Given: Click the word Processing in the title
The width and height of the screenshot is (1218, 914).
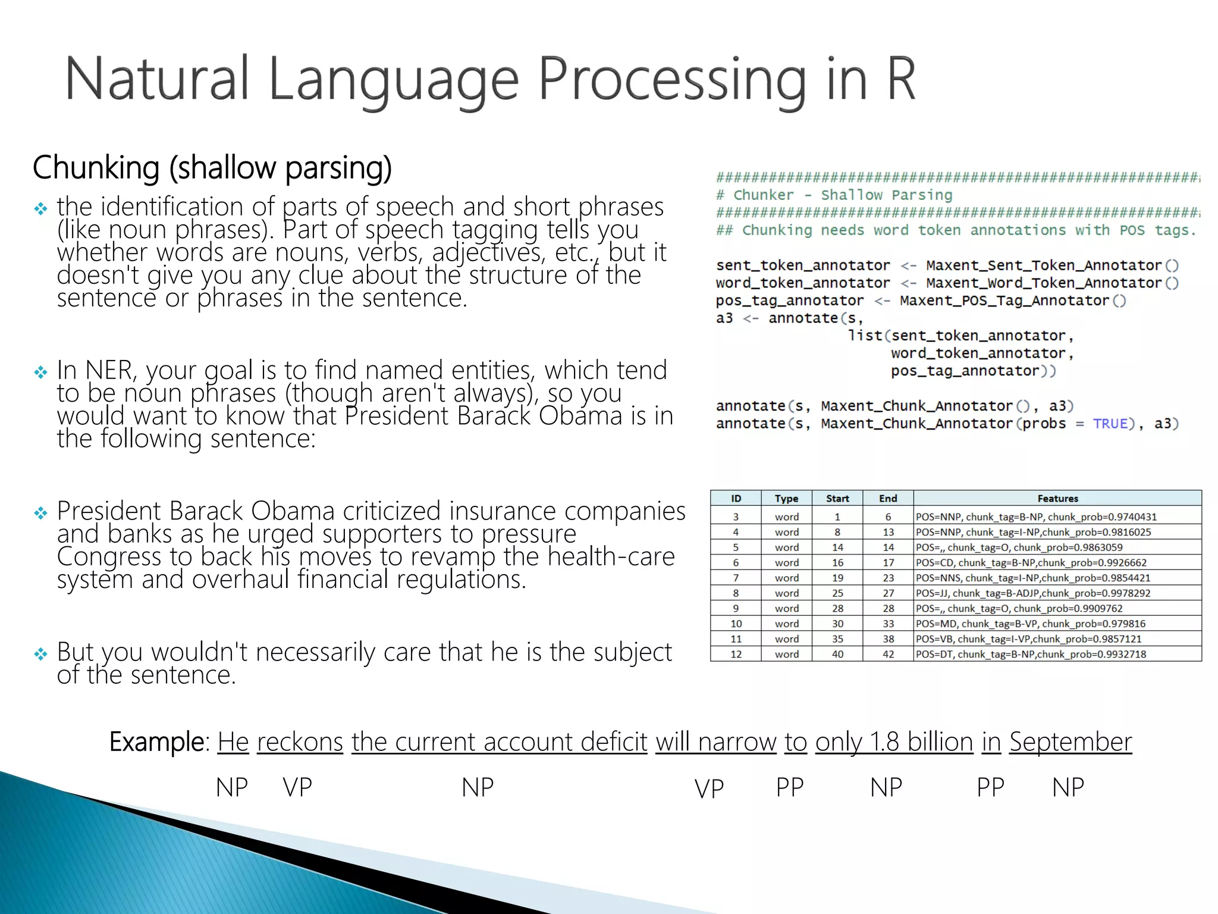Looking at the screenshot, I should point(672,80).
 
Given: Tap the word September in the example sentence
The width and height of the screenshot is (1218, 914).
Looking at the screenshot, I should point(1070,742).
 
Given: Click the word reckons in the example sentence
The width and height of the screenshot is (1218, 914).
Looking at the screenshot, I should point(300,742).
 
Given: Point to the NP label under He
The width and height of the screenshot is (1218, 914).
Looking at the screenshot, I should point(232,787).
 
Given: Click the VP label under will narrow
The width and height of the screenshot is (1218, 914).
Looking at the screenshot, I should point(709,789).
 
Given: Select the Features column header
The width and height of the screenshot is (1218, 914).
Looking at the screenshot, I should point(1057,499).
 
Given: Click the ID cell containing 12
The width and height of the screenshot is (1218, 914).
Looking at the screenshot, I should point(736,654).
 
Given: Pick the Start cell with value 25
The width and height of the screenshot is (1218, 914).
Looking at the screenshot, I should point(837,593).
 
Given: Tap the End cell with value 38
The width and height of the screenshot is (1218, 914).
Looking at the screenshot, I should point(888,639).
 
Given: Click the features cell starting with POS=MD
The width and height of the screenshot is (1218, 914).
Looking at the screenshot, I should point(1030,624).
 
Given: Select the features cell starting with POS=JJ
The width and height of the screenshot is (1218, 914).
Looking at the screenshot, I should point(1032,593).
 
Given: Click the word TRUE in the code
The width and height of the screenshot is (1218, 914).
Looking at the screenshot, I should point(1110,424).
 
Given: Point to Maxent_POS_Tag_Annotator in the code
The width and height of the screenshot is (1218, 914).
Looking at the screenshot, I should point(1004,301).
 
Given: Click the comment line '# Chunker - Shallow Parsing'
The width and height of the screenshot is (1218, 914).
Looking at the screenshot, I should point(834,195).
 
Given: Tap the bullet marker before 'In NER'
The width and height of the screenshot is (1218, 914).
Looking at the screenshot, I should point(40,373).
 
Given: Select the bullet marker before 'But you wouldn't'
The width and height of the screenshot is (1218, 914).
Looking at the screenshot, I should point(40,655).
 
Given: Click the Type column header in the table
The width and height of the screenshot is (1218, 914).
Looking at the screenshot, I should point(786,499).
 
